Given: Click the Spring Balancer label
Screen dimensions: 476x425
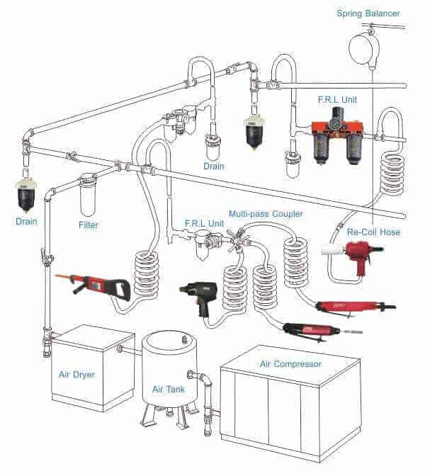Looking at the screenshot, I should [368, 13].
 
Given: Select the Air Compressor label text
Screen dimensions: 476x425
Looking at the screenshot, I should [290, 364].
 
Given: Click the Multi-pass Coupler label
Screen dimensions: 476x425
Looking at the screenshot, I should [266, 213].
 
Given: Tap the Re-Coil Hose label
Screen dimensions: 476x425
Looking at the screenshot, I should [373, 232].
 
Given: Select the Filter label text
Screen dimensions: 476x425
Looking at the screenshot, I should [88, 225].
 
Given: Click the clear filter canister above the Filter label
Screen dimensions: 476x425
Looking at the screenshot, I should [88, 193].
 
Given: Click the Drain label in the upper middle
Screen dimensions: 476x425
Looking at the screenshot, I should [213, 166].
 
